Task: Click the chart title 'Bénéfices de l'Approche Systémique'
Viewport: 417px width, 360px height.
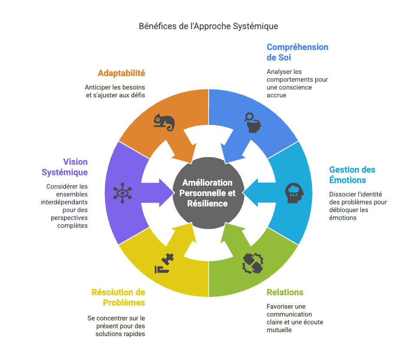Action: point(208,26)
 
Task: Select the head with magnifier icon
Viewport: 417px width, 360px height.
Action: point(253,122)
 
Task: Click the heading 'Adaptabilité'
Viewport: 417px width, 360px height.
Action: point(121,73)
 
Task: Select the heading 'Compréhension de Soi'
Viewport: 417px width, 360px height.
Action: point(297,52)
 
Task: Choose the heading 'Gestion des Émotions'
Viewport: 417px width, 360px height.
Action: point(352,175)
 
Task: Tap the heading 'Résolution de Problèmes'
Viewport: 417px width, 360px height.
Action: point(118,297)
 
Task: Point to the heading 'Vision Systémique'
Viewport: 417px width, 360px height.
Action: point(65,167)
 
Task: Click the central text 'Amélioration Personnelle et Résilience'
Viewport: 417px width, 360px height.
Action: point(208,193)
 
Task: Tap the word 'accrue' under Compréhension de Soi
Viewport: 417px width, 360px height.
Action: point(276,95)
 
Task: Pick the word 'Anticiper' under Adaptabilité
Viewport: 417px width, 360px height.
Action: point(98,87)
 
